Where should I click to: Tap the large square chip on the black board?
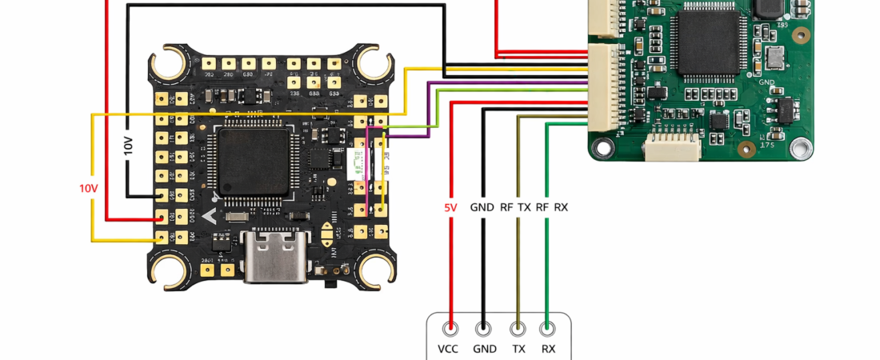click(x=253, y=162)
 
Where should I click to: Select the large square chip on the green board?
click(x=706, y=43)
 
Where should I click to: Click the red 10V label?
click(x=88, y=189)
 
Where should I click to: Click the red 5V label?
click(x=450, y=207)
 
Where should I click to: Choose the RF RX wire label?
click(x=552, y=207)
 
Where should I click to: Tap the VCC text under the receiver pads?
click(x=450, y=349)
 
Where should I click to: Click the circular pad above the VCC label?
click(x=451, y=327)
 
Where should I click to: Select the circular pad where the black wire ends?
click(x=483, y=327)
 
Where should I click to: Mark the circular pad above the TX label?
click(x=518, y=327)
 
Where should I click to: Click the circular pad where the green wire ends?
click(x=548, y=327)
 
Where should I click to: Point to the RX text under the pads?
click(x=548, y=349)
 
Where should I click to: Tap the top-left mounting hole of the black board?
click(x=170, y=63)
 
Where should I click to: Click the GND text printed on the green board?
click(x=766, y=82)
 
